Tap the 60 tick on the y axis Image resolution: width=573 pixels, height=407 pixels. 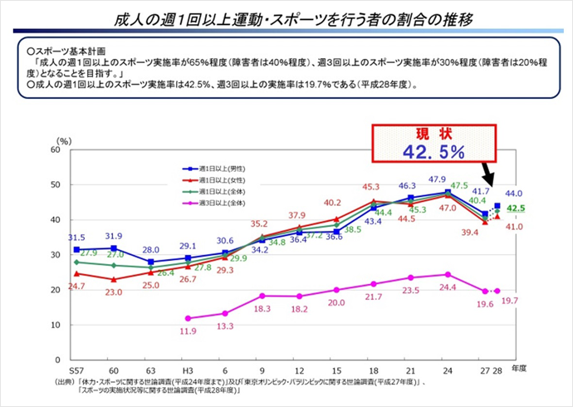click(x=54, y=150)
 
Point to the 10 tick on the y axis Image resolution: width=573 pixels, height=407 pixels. click(x=54, y=326)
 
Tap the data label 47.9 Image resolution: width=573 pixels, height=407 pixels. click(x=438, y=179)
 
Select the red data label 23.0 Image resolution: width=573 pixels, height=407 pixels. click(x=113, y=292)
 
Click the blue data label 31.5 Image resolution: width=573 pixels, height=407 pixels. click(x=76, y=237)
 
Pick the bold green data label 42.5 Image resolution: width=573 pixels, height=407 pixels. click(x=516, y=208)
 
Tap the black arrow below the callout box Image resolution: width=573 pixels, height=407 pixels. click(x=488, y=175)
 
